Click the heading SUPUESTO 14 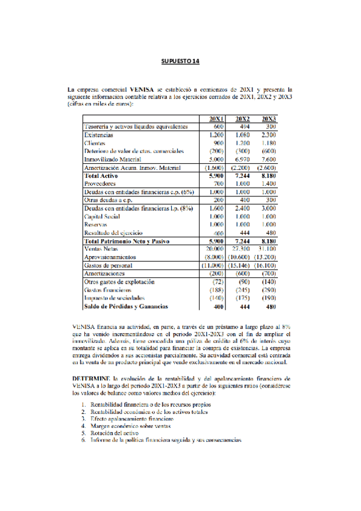(x=180, y=61)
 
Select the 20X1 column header (x=217, y=118)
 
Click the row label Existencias (x=99, y=136)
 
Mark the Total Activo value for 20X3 (x=267, y=175)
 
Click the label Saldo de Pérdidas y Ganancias (x=126, y=306)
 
